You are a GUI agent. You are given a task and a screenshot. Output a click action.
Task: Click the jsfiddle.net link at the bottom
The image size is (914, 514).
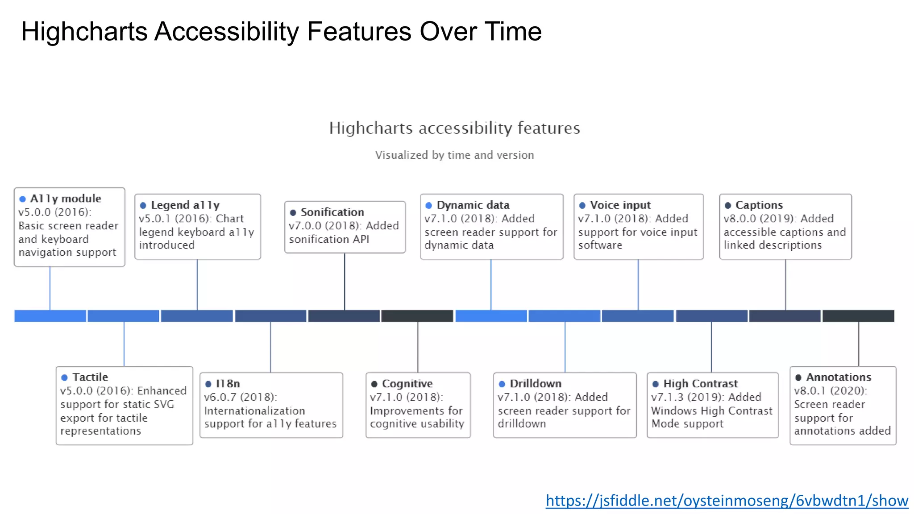pos(727,501)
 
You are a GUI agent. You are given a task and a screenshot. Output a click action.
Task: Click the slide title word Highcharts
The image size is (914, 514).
pos(84,32)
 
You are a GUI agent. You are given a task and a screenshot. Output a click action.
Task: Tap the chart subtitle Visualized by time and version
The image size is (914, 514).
pos(454,155)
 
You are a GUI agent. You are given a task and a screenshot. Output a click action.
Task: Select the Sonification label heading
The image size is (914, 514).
pos(332,212)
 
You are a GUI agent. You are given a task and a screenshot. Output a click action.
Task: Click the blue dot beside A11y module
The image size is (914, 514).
pos(22,199)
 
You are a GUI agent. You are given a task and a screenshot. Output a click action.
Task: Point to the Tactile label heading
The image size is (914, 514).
pos(90,377)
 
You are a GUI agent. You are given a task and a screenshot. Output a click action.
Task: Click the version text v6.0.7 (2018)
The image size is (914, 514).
pos(240,397)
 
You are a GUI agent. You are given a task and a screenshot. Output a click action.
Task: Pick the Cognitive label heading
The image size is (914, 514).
pos(407,384)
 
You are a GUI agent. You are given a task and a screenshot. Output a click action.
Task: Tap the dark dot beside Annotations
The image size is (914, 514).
pos(798,377)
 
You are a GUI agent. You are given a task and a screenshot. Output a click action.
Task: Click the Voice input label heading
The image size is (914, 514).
pos(620,205)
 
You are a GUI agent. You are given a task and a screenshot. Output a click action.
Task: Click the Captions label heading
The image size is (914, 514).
pos(759,205)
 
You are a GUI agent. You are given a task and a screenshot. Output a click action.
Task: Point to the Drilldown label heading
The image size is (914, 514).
pos(535,384)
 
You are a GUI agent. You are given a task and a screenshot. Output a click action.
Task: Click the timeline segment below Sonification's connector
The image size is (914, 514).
pos(344,316)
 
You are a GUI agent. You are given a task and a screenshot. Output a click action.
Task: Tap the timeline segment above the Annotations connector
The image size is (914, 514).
pos(858,316)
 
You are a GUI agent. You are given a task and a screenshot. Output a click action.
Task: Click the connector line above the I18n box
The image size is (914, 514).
pos(270,347)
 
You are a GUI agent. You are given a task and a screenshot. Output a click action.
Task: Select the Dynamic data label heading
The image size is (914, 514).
pos(473,205)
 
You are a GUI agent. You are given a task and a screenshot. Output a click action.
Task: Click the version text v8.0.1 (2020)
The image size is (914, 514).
pos(830,391)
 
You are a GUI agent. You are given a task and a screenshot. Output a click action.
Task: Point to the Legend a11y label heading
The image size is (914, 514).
pos(185,205)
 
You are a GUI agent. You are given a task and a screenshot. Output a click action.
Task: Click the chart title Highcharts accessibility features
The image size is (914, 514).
pos(454,128)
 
